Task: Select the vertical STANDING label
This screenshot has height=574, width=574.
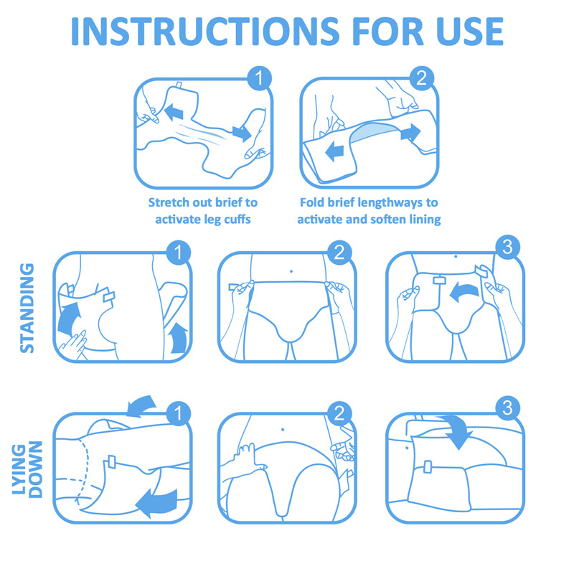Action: (27, 308)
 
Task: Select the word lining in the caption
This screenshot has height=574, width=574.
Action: (422, 219)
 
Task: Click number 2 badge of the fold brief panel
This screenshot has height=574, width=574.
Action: (421, 78)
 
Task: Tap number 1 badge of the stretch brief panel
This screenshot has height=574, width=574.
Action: (258, 78)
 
